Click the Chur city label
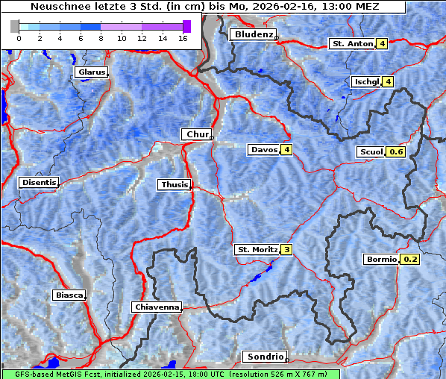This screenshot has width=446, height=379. coord(197,134)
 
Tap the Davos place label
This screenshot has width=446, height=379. coord(264,150)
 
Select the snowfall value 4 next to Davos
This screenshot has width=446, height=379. coord(286,150)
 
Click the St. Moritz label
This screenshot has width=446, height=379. coord(257,249)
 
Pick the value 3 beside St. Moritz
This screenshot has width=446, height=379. coord(286,249)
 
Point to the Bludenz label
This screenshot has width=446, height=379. coord(252,34)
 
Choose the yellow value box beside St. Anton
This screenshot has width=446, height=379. coord(382,44)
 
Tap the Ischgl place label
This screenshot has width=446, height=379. coord(366,81)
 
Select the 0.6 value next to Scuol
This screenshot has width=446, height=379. coord(396,152)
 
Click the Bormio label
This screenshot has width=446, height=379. coord(381,260)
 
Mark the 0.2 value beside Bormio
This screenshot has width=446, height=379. coord(410,260)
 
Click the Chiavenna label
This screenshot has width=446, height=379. coord(157,307)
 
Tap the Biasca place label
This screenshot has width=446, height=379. coord(69,295)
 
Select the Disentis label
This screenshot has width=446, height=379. coord(39,182)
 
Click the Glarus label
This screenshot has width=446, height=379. coord(90,72)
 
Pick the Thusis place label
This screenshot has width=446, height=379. coord(174,184)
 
